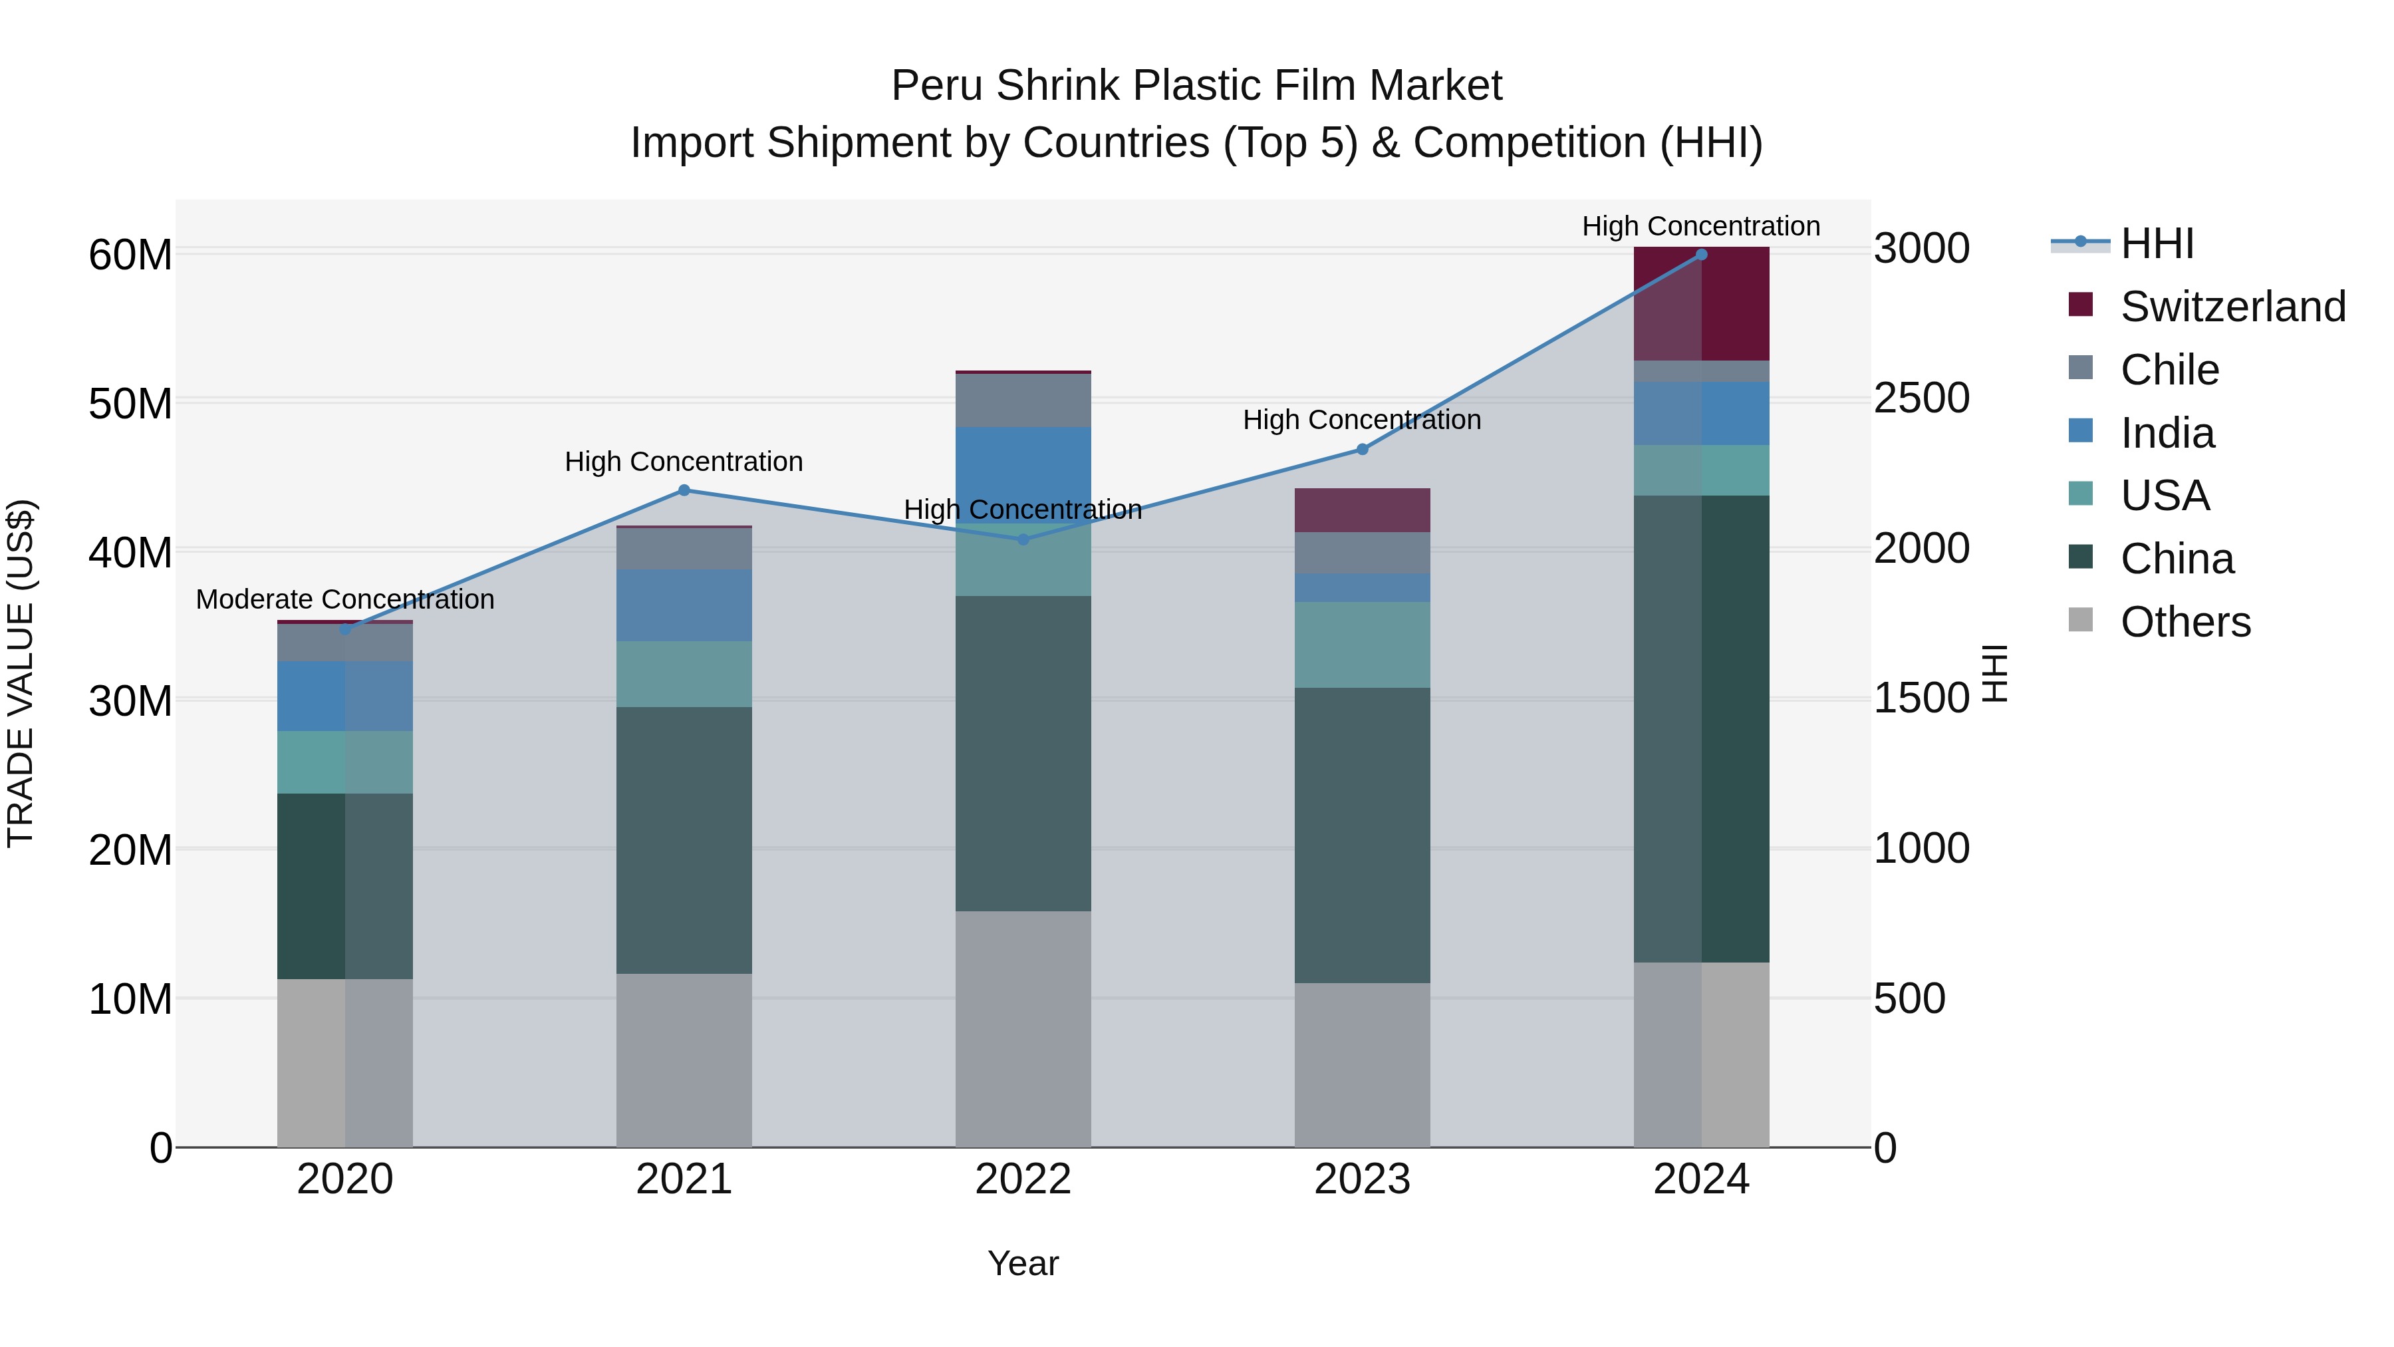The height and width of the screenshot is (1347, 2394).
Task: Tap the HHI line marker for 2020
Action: point(344,629)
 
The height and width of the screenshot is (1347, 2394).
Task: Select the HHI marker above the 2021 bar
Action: point(684,490)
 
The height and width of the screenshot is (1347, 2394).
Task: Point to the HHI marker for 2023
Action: point(1363,449)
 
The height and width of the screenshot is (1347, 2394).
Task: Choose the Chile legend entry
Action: point(2169,370)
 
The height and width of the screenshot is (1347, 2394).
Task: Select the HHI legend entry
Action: point(2156,243)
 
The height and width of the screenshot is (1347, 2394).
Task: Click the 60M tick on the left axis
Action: point(130,254)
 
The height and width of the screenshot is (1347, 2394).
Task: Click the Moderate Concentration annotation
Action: point(344,599)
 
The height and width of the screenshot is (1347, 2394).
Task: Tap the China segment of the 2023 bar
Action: point(1363,835)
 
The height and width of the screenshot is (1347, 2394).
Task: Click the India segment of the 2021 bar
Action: point(684,605)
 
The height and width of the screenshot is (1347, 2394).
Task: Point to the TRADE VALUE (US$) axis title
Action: point(21,673)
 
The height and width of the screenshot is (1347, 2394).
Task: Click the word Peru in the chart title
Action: point(937,86)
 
